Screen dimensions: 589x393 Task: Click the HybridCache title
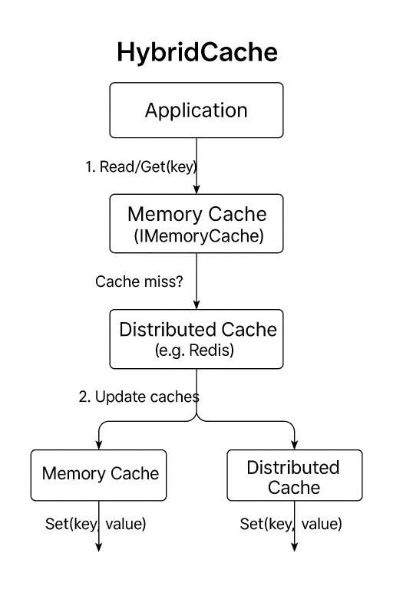pyautogui.click(x=196, y=52)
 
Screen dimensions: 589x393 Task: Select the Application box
pyautogui.click(x=196, y=110)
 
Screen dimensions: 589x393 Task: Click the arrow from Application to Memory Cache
pyautogui.click(x=197, y=165)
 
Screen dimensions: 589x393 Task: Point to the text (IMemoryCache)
pyautogui.click(x=196, y=237)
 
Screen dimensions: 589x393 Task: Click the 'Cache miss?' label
pyautogui.click(x=139, y=281)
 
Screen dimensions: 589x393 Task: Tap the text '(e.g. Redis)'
pyautogui.click(x=196, y=350)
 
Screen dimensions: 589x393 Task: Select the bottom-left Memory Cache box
pyautogui.click(x=100, y=474)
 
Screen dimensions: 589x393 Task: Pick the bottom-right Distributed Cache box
pyautogui.click(x=294, y=475)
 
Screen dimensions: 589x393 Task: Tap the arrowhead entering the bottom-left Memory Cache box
pyautogui.click(x=100, y=445)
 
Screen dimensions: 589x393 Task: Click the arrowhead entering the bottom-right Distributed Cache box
pyautogui.click(x=294, y=445)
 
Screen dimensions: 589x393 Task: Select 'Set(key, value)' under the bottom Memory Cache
pyautogui.click(x=95, y=525)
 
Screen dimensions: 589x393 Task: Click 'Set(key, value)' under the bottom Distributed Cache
pyautogui.click(x=291, y=525)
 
